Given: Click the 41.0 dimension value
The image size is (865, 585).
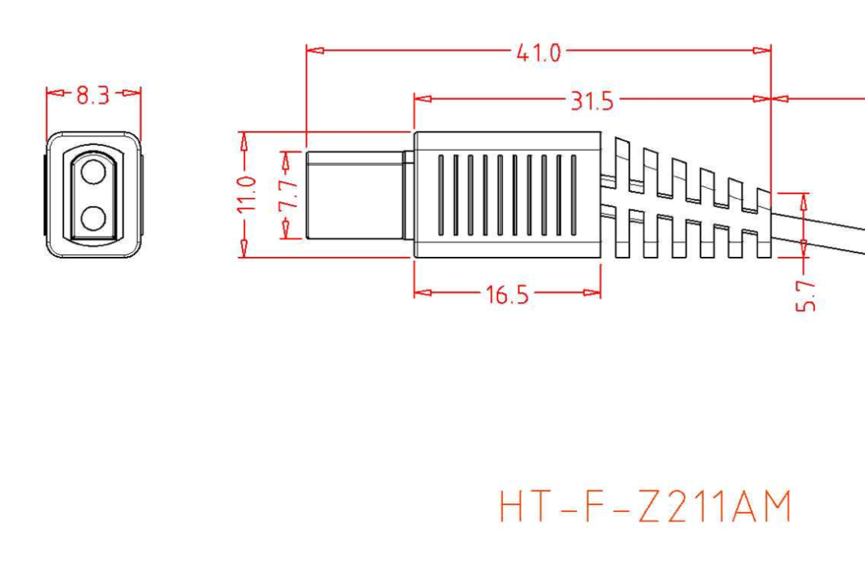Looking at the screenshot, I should pyautogui.click(x=539, y=53).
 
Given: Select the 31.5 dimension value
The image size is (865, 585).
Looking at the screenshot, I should pyautogui.click(x=592, y=101).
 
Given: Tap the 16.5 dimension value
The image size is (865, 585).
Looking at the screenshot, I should pyautogui.click(x=507, y=295).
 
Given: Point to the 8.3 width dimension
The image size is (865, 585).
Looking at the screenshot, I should pyautogui.click(x=93, y=96).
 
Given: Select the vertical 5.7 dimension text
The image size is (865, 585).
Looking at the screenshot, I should pyautogui.click(x=805, y=294).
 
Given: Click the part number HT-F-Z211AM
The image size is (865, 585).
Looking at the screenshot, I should pyautogui.click(x=645, y=507).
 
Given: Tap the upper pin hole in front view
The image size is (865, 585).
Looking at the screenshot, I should pyautogui.click(x=94, y=172).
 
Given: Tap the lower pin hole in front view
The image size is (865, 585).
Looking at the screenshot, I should pyautogui.click(x=94, y=216).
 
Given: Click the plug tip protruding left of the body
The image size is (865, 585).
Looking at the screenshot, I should pyautogui.click(x=354, y=195).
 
